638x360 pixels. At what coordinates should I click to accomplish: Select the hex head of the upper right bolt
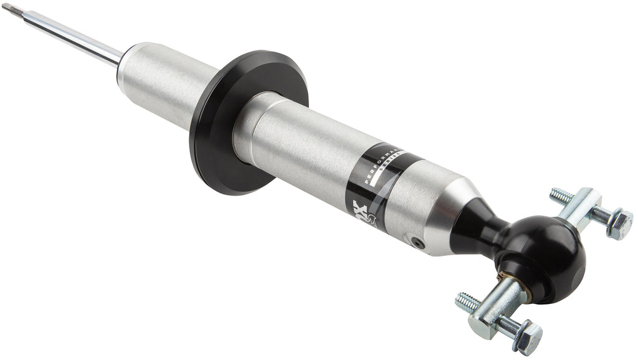pos(620,224)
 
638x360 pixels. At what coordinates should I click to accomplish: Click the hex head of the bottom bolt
pos(528,337)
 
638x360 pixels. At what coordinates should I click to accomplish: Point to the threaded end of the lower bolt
pos(467,302)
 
